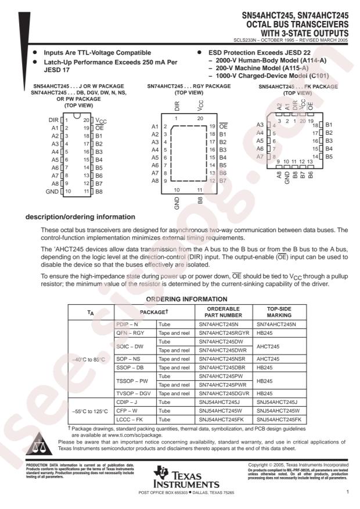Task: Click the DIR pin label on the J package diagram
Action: click(x=54, y=120)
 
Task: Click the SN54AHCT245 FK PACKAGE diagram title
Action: click(x=297, y=86)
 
